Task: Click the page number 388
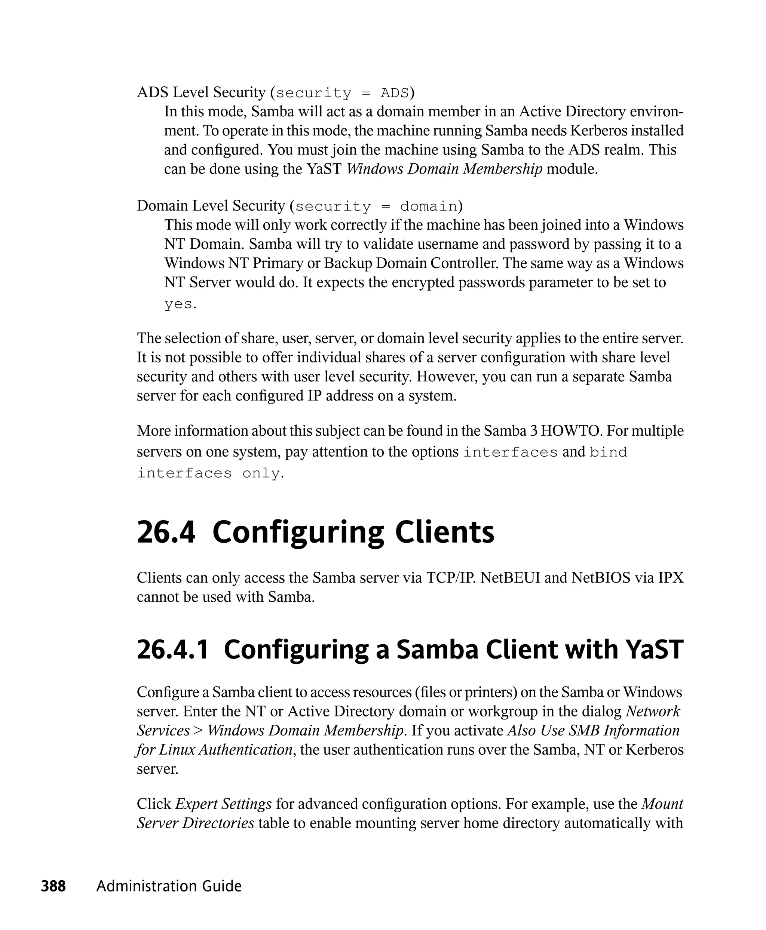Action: point(53,886)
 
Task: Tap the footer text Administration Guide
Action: point(169,886)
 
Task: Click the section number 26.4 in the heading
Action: point(166,532)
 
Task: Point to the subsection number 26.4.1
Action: point(172,650)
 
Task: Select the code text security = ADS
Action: point(342,93)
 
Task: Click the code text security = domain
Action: point(376,206)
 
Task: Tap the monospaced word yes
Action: point(178,304)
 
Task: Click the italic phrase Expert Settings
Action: point(223,804)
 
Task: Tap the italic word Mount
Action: point(662,804)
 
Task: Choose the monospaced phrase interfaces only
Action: point(209,473)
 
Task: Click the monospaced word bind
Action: point(609,452)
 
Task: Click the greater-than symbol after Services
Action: point(198,731)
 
